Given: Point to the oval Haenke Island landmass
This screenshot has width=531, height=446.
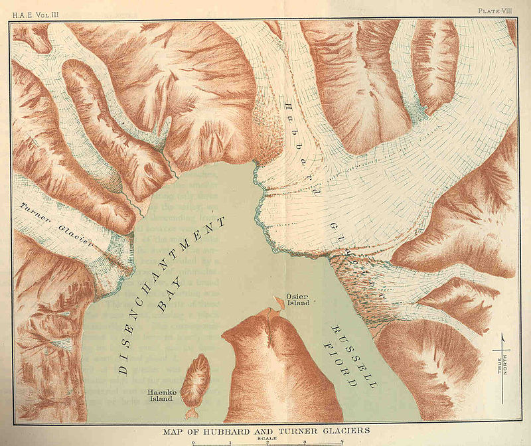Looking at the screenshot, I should [195, 380].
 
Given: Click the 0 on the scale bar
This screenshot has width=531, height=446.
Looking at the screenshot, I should [192, 442].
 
